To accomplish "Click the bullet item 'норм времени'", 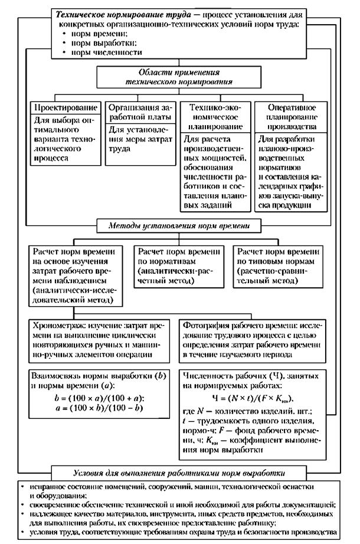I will click(x=98, y=34).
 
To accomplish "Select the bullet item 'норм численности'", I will click(x=106, y=53).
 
